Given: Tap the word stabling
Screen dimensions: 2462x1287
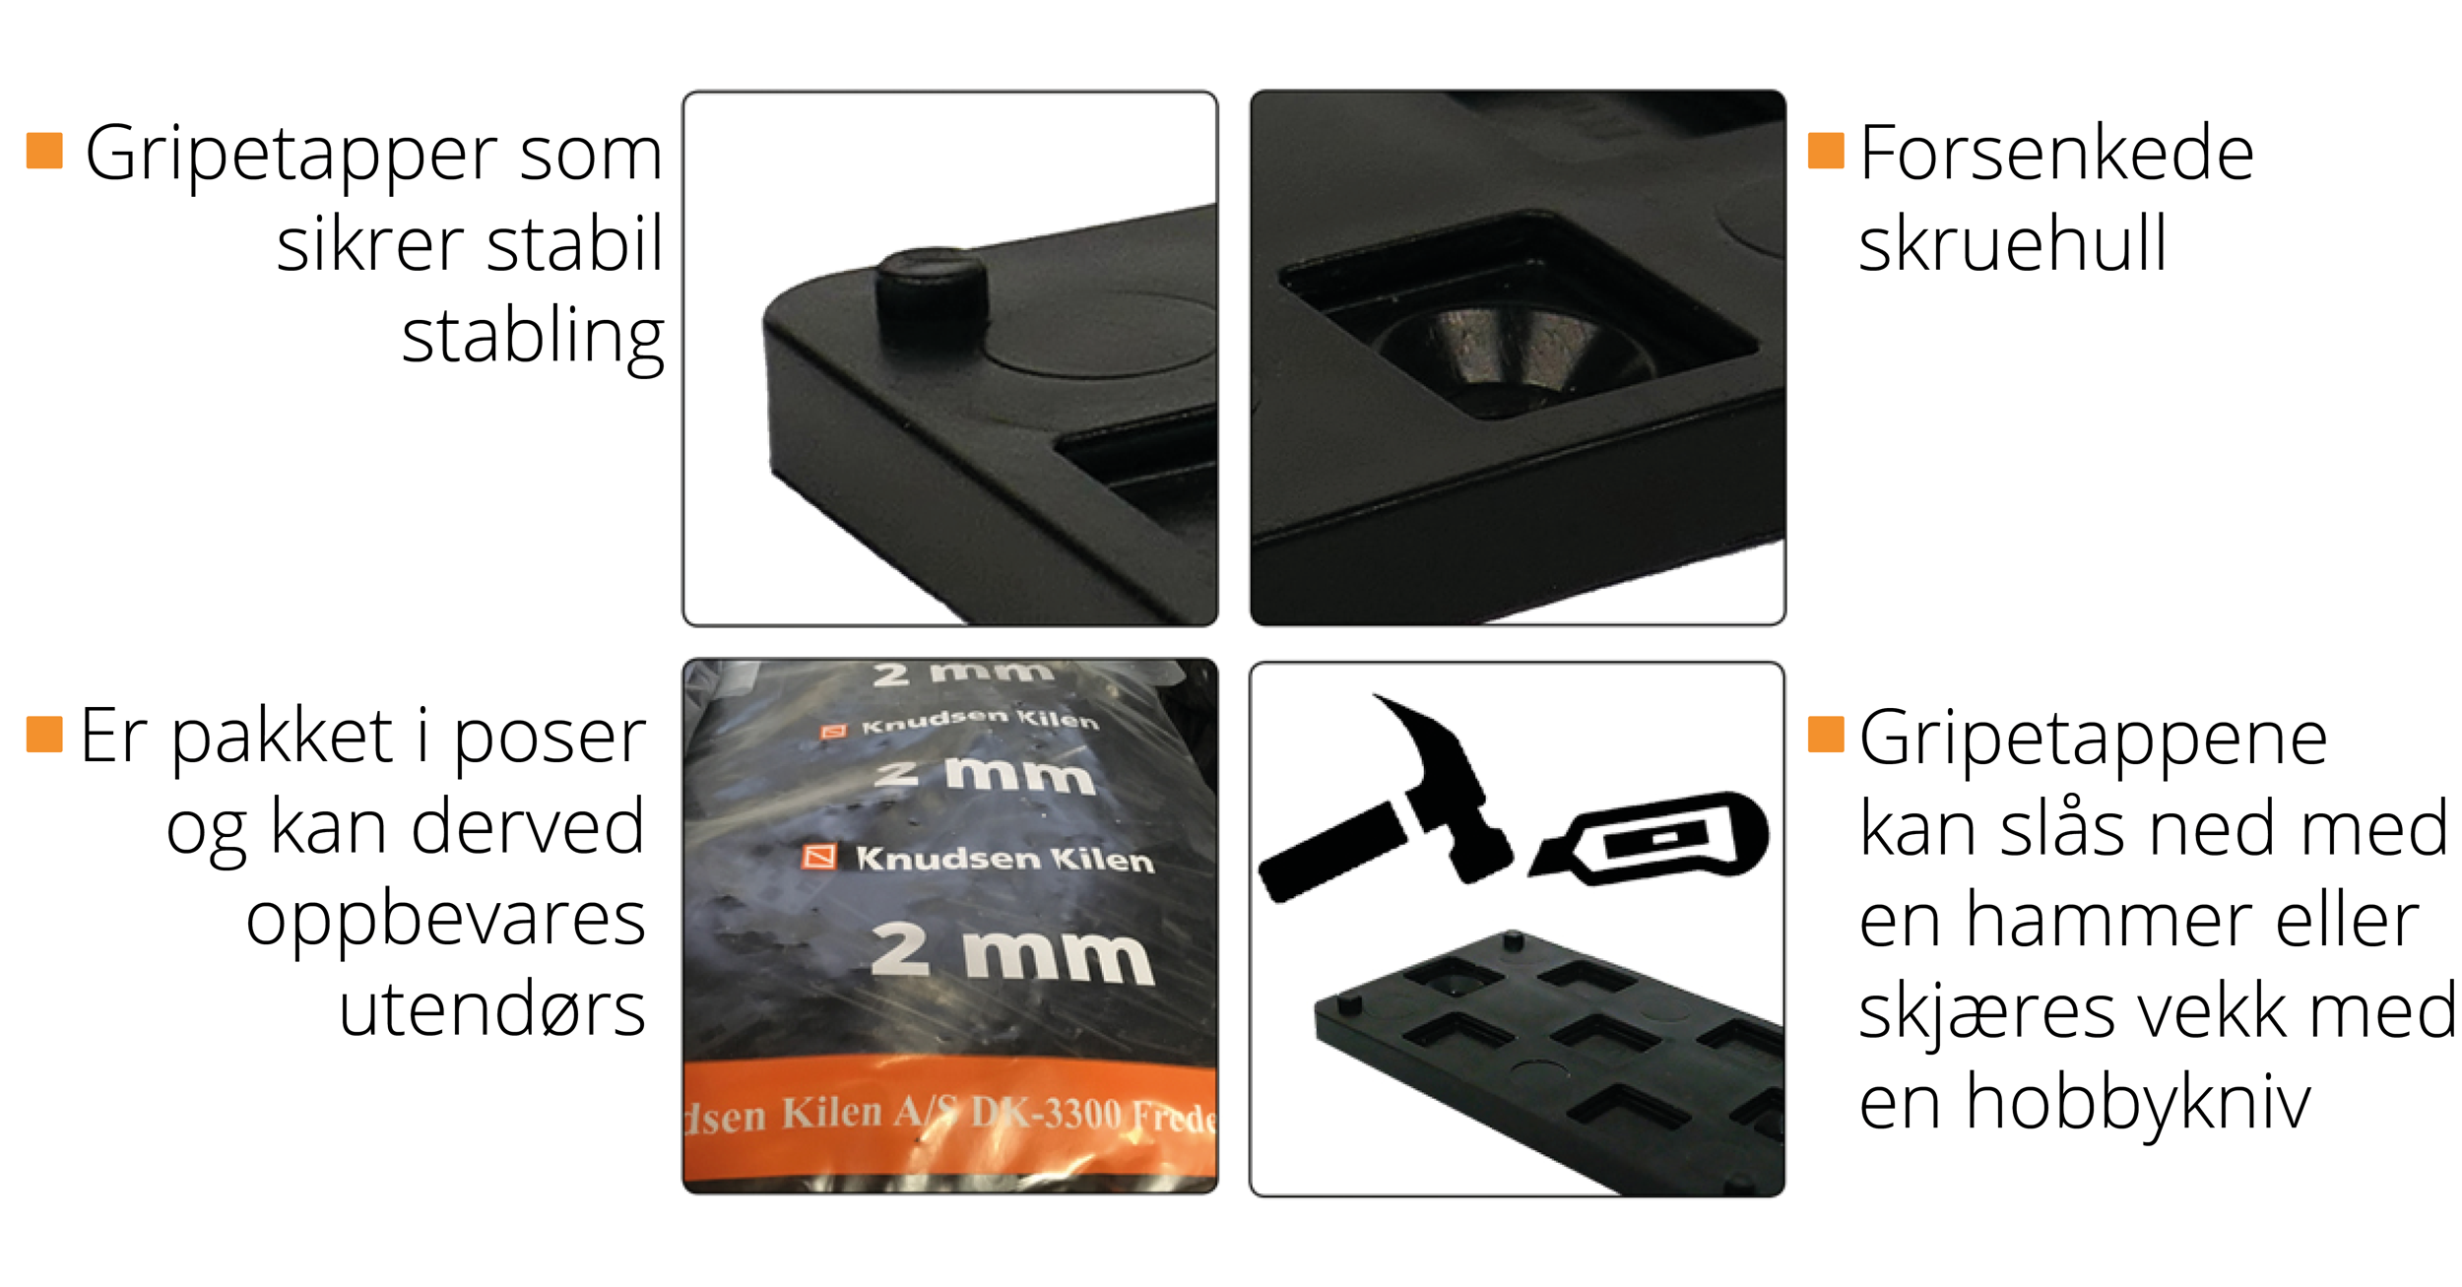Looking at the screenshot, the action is tap(533, 338).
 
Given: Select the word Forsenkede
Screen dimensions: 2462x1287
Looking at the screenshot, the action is tap(2056, 153).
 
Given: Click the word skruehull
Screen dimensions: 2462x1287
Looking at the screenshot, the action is tap(2012, 243).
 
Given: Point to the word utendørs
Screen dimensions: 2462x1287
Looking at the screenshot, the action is tap(491, 1009).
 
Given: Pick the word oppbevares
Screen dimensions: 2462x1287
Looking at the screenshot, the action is tap(445, 920).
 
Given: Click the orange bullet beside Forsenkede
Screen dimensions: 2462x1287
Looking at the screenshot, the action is tap(1826, 151).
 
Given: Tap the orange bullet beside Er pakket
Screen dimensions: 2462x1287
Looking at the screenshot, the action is tap(44, 734).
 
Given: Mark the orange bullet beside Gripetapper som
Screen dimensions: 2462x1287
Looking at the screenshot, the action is tap(44, 151).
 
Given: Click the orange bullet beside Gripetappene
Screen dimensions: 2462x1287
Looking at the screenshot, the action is tap(1826, 734).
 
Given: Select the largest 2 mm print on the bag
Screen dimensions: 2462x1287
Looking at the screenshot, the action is tap(1012, 952).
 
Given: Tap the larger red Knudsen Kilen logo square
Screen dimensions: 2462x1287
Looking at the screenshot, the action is tap(819, 857).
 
